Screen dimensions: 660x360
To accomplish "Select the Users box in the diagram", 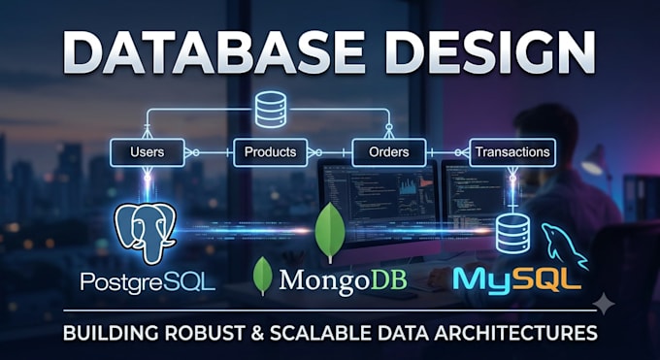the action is pyautogui.click(x=148, y=152).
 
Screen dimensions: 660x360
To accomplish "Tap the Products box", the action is pyautogui.click(x=270, y=152).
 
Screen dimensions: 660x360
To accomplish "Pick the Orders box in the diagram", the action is pyautogui.click(x=389, y=152).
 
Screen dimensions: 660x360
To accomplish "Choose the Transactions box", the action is pyautogui.click(x=512, y=152).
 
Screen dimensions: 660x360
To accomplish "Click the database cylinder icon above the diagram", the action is pyautogui.click(x=271, y=109).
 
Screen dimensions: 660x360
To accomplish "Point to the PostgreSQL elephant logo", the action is pyautogui.click(x=146, y=233).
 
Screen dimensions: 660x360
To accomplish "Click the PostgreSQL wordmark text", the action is pyautogui.click(x=148, y=281).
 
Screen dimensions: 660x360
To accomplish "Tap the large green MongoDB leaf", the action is pyautogui.click(x=330, y=232).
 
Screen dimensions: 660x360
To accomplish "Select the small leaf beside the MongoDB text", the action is pyautogui.click(x=263, y=277).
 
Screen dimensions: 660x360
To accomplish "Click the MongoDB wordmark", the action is pyautogui.click(x=343, y=280).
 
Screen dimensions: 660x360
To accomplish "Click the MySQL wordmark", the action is pyautogui.click(x=517, y=279).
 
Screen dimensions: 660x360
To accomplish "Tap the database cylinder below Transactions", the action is pyautogui.click(x=512, y=234).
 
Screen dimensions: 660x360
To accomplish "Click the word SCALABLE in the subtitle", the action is pyautogui.click(x=321, y=333).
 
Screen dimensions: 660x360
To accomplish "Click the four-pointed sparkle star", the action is pyautogui.click(x=604, y=304).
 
